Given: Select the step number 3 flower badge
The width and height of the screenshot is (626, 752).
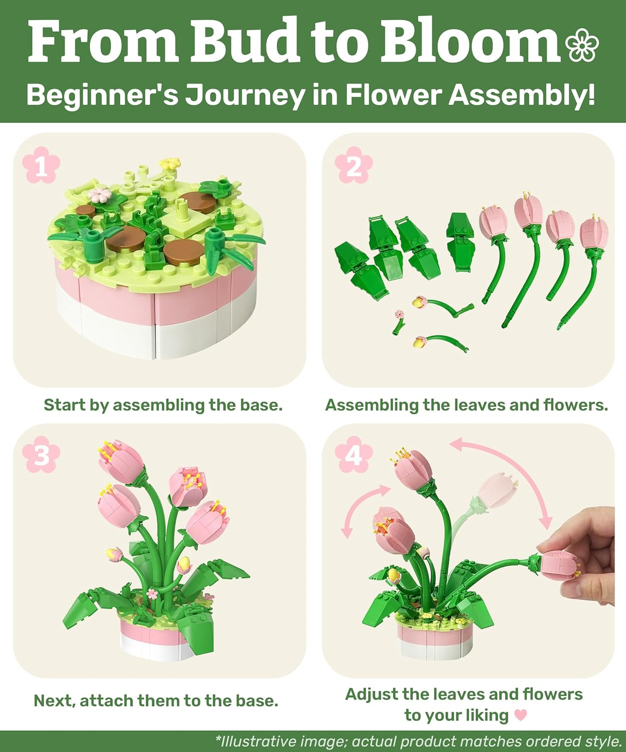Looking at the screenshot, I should click(x=41, y=455).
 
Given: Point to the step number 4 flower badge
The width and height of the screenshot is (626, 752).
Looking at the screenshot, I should click(x=354, y=455).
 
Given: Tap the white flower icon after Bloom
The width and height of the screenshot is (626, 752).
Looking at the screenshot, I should click(x=582, y=45).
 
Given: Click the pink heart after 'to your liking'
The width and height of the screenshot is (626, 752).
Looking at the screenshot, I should click(x=521, y=714).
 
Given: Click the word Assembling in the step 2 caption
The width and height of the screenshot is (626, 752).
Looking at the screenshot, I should click(x=372, y=405).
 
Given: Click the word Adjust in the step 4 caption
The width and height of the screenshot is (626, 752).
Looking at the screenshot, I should click(x=371, y=694).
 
